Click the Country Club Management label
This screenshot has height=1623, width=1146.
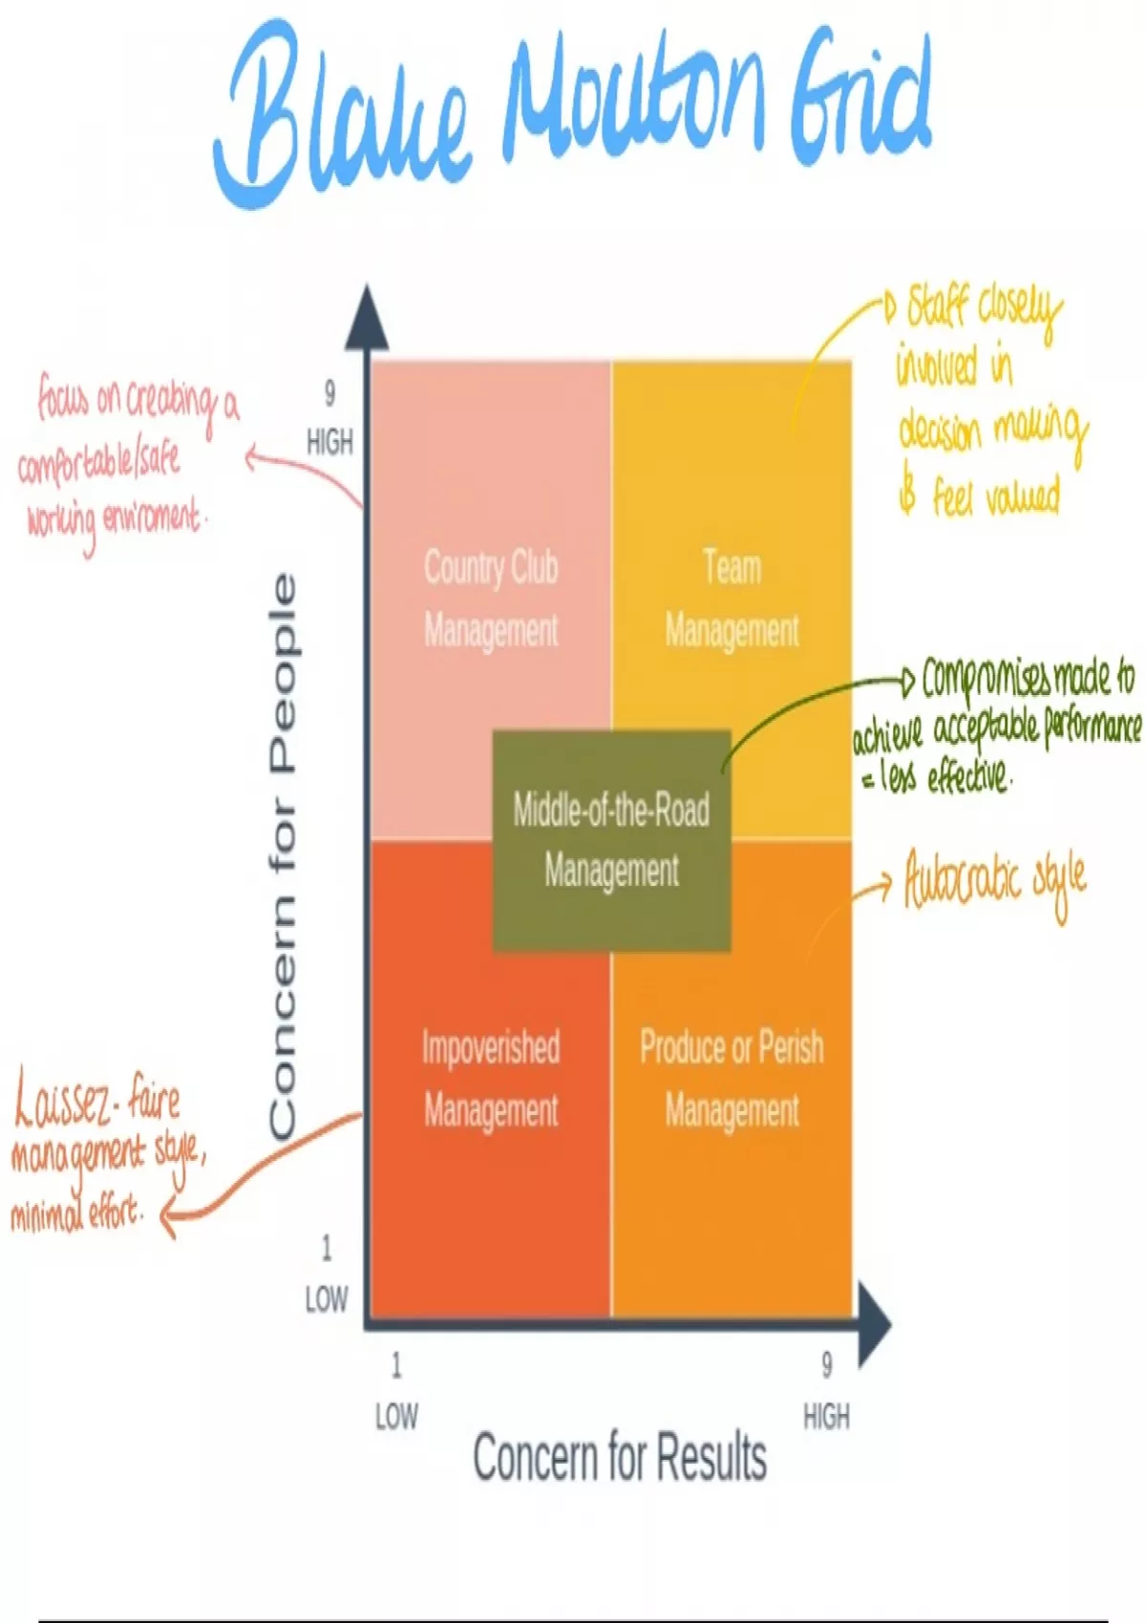pos(491,599)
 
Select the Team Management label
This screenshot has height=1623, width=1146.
pos(732,599)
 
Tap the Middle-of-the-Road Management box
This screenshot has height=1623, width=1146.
pos(611,840)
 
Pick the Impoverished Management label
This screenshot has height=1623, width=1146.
pos(491,1079)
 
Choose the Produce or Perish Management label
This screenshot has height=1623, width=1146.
pos(732,1079)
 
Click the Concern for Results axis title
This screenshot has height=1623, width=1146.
pos(620,1457)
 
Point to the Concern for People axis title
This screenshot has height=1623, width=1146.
pos(283,855)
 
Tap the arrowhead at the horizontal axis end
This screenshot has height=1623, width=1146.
pos(873,1324)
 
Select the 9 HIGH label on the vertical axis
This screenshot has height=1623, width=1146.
pos(329,418)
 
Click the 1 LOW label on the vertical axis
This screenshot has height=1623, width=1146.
pos(326,1274)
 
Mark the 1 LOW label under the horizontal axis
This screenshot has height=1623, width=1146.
pos(395,1391)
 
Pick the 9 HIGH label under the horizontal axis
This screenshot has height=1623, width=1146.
pos(826,1391)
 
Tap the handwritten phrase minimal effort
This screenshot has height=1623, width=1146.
pos(76,1214)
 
